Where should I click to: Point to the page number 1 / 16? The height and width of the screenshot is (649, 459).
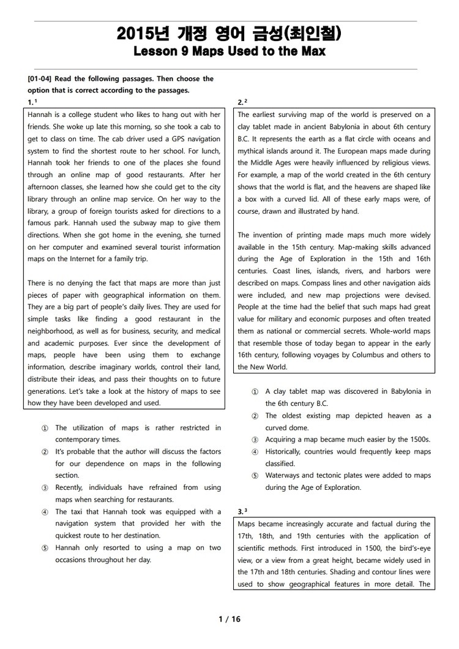click(229, 619)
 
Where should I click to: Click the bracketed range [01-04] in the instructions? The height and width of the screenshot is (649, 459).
click(42, 79)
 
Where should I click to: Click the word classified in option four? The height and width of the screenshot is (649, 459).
click(280, 463)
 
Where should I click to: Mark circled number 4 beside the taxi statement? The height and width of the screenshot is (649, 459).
click(45, 512)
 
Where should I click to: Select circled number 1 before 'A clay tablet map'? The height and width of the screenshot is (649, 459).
click(255, 392)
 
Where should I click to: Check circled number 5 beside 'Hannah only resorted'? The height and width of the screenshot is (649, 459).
click(45, 548)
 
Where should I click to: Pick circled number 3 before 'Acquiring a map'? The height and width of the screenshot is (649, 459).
click(255, 440)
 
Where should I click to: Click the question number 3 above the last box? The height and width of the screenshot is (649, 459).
click(240, 511)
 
